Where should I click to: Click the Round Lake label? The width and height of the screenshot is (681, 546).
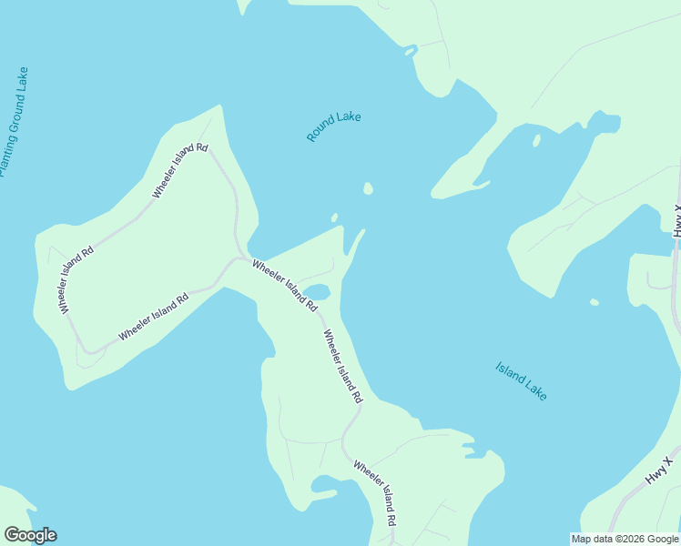334,126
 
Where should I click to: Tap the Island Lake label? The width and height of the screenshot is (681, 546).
522,381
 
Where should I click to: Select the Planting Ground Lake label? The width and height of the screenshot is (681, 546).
14,121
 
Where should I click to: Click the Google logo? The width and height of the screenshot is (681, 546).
30,535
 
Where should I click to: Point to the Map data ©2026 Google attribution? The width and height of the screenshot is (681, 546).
625,539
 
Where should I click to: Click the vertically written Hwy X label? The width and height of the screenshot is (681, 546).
676,222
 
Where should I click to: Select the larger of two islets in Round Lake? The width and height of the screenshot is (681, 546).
368,189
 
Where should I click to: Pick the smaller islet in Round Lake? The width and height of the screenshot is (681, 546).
334,217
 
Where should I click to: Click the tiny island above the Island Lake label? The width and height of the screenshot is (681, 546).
595,302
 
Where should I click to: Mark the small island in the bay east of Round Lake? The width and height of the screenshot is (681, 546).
536,140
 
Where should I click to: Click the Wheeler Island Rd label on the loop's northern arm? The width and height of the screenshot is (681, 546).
180,170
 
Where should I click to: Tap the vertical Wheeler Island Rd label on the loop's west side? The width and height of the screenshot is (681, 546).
76,280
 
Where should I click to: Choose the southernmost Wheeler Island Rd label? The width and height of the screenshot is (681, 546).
375,493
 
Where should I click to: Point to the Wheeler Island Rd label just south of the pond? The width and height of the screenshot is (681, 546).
342,366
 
